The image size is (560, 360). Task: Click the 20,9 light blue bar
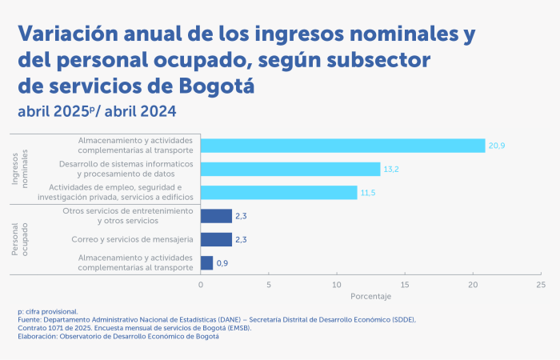click(342, 146)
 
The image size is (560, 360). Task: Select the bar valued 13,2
click(290, 169)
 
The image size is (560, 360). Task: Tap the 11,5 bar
click(278, 193)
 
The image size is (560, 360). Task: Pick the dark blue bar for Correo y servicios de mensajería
click(216, 239)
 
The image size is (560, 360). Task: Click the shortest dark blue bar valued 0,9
click(206, 262)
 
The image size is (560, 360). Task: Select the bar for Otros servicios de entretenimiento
click(216, 216)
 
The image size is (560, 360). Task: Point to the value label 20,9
click(497, 146)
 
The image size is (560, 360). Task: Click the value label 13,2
click(392, 169)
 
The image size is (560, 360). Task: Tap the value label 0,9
click(222, 262)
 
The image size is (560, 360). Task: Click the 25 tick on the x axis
click(542, 284)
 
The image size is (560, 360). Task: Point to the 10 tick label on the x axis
click(337, 284)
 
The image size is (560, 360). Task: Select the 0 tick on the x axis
click(201, 284)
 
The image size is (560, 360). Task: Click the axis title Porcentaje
click(370, 296)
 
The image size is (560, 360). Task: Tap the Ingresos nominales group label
click(20, 167)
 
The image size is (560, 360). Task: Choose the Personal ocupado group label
click(20, 239)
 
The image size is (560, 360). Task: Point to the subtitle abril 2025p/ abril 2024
click(97, 110)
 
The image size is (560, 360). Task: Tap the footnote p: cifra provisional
click(47, 310)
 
